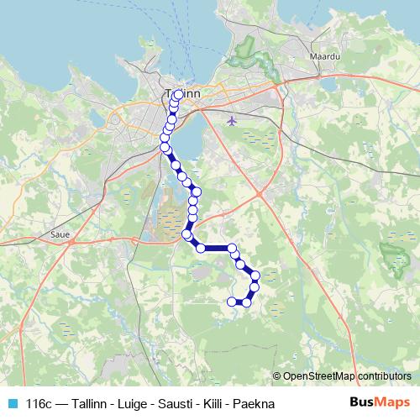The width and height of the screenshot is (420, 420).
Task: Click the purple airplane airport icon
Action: point(233,121)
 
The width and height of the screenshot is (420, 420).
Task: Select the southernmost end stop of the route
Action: point(232,301)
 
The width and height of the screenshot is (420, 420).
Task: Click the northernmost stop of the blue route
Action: point(178,94)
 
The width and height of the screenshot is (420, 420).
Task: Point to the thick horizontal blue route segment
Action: point(217,248)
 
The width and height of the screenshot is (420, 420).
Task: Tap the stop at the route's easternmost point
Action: point(255,276)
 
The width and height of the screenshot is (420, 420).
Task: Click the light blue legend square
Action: point(12,402)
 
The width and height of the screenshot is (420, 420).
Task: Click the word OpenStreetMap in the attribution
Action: point(319,376)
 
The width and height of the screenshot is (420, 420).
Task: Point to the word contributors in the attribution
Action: point(384,376)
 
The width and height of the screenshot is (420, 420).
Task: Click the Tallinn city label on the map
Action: point(183,93)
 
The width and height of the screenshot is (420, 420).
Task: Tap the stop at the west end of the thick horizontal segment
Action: point(201,248)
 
